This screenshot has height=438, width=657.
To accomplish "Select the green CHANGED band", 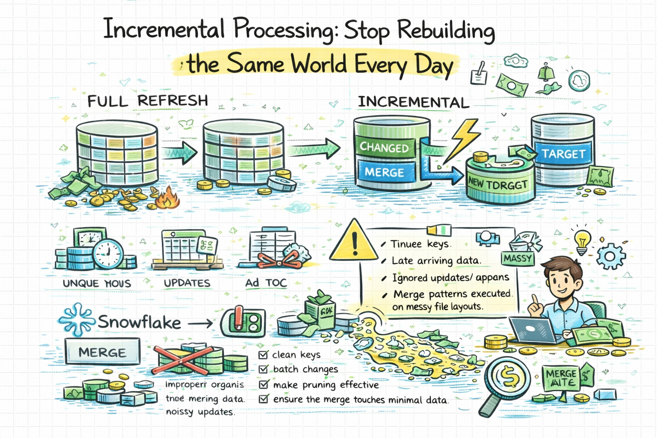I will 384,148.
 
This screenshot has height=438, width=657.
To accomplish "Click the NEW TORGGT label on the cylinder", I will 497,183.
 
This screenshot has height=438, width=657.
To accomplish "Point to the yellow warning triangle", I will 355,242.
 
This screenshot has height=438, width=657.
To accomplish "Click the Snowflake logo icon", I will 76,320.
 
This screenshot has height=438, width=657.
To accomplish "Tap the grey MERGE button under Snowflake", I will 103,352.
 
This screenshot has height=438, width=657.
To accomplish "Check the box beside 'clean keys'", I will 263,355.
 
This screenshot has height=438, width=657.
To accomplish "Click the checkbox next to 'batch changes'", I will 263,369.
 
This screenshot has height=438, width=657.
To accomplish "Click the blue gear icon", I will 611,257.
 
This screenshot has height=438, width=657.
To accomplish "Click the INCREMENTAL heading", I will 413,102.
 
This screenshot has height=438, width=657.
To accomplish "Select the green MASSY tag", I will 518,258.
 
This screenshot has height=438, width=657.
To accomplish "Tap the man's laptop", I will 531,329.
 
